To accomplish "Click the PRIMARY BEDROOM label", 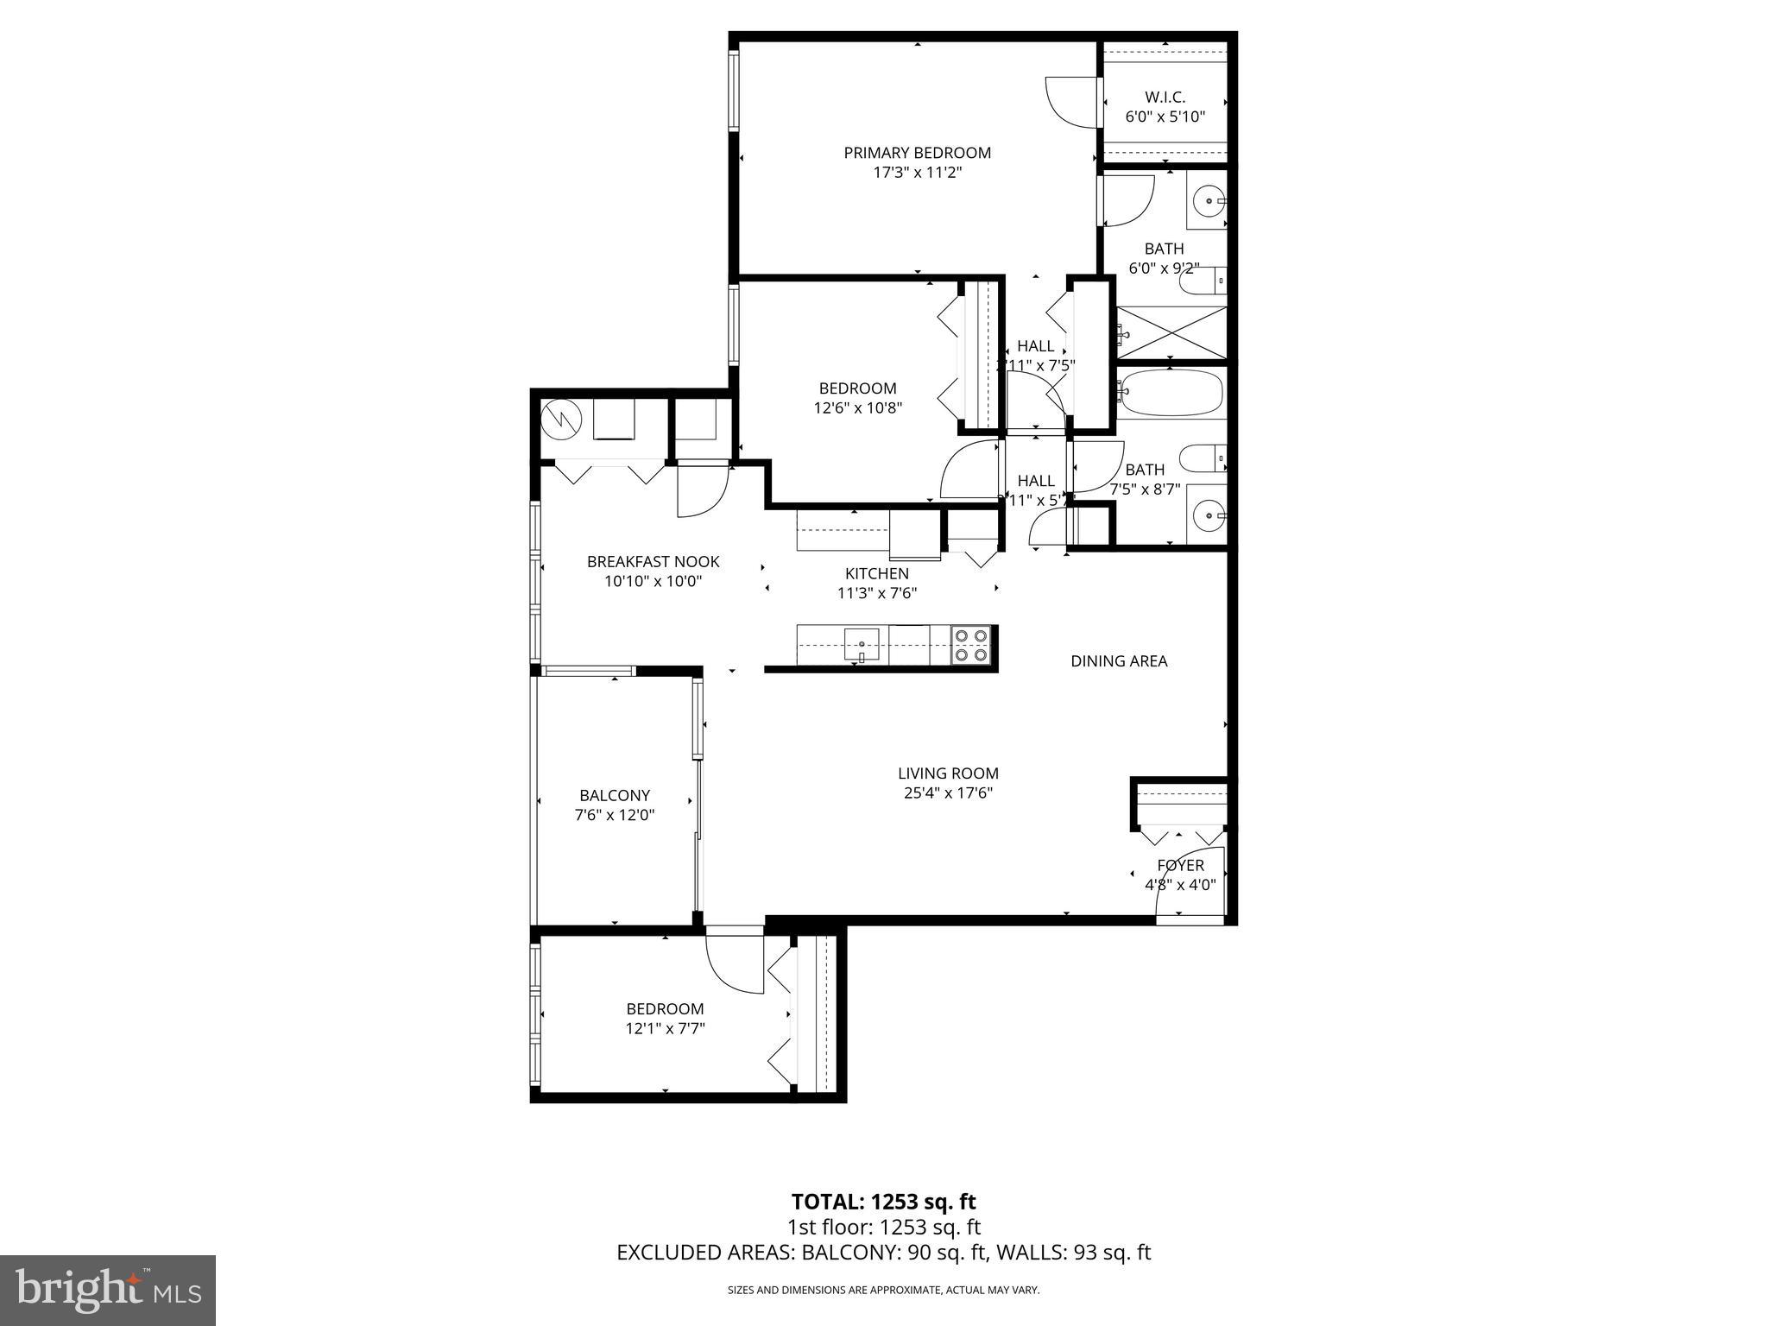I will coord(917,153).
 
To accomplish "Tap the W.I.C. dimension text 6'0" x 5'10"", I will coord(1165,117).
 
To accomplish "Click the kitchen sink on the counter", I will coord(862,644).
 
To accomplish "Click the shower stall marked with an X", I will coord(1171,331).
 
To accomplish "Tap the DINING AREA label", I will coord(1119,661).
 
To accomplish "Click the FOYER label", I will coord(1180,865).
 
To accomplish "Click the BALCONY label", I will coord(614,795).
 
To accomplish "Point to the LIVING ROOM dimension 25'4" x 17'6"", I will coord(948,793).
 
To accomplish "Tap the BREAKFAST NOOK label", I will coord(653,561).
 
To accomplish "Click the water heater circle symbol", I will coord(562,420).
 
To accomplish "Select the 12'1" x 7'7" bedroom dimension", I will coord(665,1028).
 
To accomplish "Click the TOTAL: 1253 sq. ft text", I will coord(883,1201).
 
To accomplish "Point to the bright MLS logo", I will coord(107,1290).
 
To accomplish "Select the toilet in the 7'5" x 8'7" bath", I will coord(1202,458).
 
